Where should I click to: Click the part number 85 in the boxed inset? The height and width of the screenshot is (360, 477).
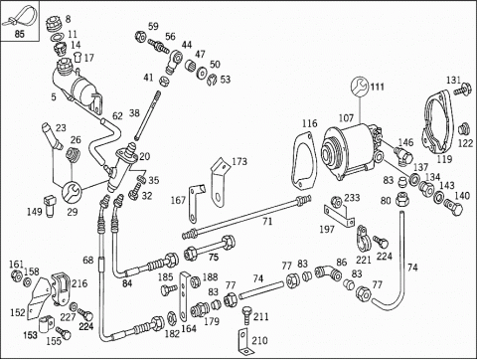pos(20,34)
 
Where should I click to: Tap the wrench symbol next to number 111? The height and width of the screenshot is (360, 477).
pos(360,87)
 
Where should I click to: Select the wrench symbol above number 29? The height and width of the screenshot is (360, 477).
pos(72,192)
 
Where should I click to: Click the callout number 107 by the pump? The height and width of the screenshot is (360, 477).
pos(346,118)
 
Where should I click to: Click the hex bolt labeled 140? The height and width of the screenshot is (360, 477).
pos(453,206)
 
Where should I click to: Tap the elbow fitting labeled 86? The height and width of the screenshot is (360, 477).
pos(327,272)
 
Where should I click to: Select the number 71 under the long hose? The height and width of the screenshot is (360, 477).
pos(267,221)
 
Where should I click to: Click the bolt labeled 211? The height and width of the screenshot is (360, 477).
pos(246,315)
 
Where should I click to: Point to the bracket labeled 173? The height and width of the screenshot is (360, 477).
pos(220,182)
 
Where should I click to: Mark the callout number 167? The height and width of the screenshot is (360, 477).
pos(178,200)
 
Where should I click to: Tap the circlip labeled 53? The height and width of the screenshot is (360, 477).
pos(212,81)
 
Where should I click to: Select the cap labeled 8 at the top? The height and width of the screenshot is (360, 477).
pos(53,24)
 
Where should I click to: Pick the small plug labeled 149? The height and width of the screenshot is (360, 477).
pos(50,206)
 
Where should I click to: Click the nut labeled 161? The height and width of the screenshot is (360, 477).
pos(17,275)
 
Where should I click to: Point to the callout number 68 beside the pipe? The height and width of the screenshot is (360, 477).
pos(88,260)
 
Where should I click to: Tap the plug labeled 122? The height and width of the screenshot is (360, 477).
pos(464,129)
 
